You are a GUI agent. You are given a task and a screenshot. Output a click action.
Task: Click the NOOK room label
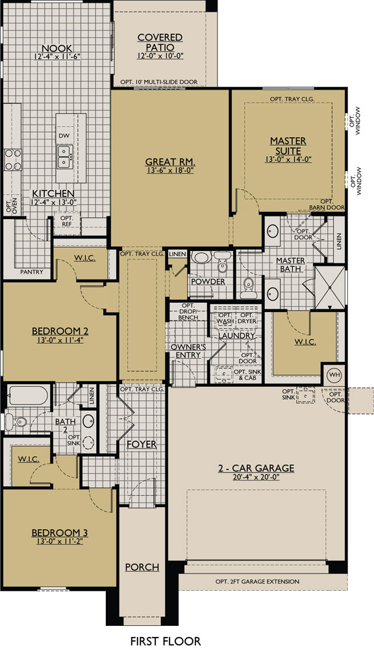tap(56, 48)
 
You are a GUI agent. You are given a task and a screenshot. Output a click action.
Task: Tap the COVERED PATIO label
tap(160, 43)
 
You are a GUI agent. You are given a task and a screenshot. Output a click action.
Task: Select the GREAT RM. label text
tap(170, 162)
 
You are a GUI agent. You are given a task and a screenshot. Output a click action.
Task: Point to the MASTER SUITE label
tap(288, 146)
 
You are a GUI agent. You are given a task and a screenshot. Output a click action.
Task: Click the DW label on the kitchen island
tap(64, 135)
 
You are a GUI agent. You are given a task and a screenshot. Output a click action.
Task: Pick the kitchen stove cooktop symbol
tap(13, 159)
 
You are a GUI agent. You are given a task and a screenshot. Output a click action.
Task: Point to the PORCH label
tap(142, 567)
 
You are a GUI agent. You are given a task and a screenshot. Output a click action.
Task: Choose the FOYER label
tap(142, 445)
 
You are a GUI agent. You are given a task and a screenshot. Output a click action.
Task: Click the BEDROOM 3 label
tap(60, 533)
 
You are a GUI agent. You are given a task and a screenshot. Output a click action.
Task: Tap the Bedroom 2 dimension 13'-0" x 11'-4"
tap(60, 341)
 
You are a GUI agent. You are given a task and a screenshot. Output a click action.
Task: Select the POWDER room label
tap(208, 281)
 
